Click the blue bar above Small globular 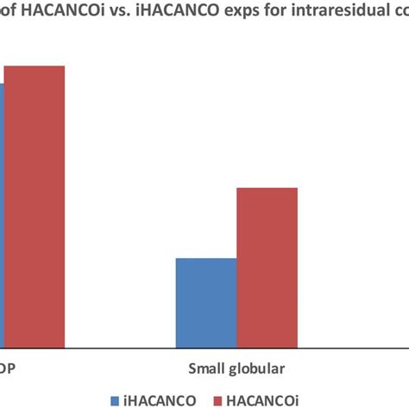[x=205, y=302]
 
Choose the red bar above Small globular [x=267, y=267]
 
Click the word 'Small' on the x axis [x=209, y=369]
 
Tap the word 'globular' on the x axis [x=261, y=369]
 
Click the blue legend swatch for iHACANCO [x=116, y=400]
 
